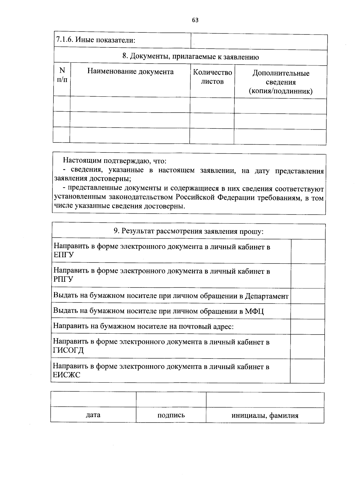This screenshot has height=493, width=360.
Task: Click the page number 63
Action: pos(195,20)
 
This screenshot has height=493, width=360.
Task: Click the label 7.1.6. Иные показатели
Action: pos(96,40)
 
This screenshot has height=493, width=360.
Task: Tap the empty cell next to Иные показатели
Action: pos(259,41)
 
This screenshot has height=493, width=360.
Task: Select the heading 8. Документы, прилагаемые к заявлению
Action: pos(190,57)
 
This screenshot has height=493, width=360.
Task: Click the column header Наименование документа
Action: pos(130,72)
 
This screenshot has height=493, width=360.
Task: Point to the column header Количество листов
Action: pos(212,77)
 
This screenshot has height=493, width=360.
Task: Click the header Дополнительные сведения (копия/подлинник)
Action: pos(280,82)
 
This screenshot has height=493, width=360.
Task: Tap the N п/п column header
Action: pos(62,75)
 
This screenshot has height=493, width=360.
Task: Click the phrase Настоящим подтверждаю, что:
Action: pos(114,161)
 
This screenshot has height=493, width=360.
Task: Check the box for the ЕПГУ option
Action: pos(308,251)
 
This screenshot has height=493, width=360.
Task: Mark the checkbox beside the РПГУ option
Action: pos(308,276)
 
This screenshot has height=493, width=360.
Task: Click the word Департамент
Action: pos(266,296)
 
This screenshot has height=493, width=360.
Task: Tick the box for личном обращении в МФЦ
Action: pos(308,311)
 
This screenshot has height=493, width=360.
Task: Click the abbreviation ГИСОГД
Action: pos(68,350)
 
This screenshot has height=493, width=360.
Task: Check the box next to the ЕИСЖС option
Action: pos(307,371)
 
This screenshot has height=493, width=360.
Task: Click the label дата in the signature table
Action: pos(93,415)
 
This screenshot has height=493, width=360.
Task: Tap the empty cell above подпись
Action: pos(171,400)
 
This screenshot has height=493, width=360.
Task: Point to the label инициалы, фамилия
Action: pos(265,416)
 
